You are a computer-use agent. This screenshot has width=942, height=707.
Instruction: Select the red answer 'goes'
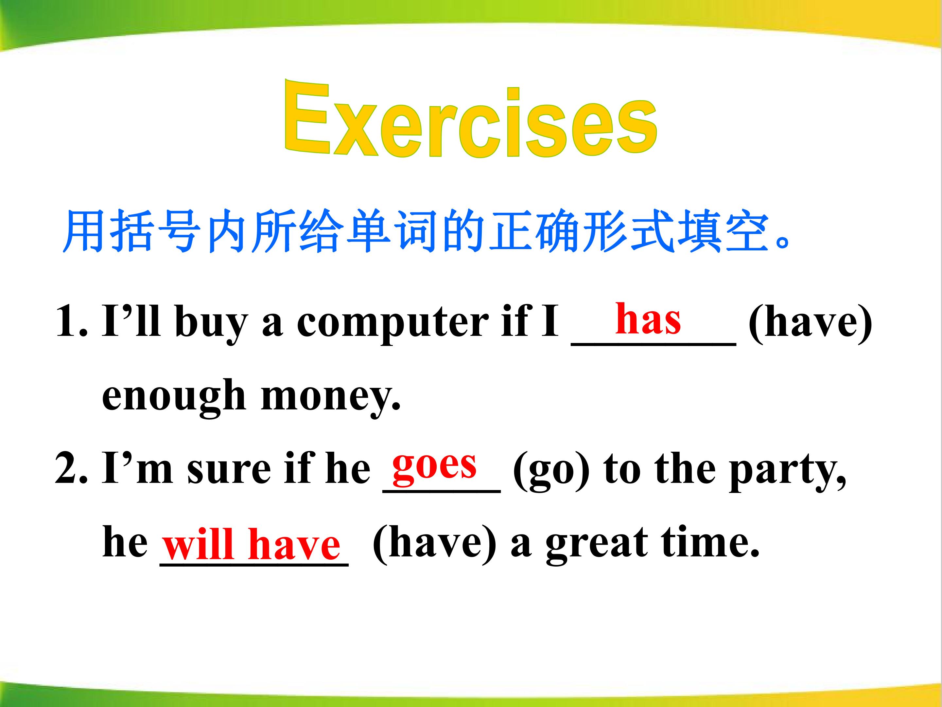pyautogui.click(x=434, y=465)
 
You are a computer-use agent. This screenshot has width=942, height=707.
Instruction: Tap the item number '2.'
pyautogui.click(x=72, y=468)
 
